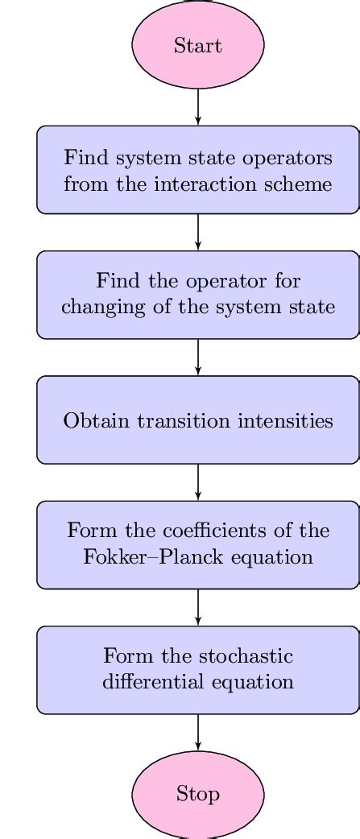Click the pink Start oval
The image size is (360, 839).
click(198, 45)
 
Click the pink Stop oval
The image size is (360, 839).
click(198, 794)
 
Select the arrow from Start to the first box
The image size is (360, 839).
click(198, 106)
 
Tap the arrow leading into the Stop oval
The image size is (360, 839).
click(198, 732)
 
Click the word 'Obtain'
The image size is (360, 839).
click(93, 420)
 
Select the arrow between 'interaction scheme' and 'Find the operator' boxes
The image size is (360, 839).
click(198, 232)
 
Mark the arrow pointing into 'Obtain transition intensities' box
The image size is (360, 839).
click(198, 357)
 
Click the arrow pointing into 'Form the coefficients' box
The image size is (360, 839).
click(198, 482)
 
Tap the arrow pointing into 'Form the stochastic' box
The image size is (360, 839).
click(198, 607)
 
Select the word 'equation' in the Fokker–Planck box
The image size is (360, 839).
click(276, 557)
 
